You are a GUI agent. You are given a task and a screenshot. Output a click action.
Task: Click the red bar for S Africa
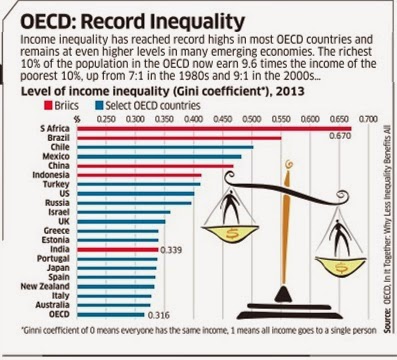210,128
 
